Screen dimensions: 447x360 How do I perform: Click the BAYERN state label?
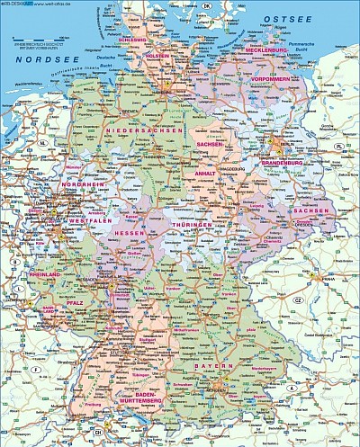pos(213,367)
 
